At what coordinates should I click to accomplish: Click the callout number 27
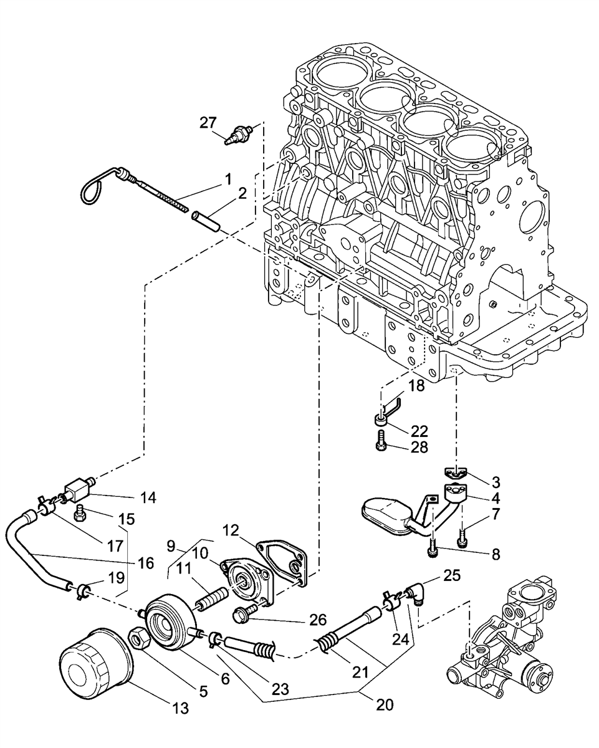tap(208, 123)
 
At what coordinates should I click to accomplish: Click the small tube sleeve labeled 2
tap(206, 221)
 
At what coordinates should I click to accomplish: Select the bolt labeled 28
tap(381, 441)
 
